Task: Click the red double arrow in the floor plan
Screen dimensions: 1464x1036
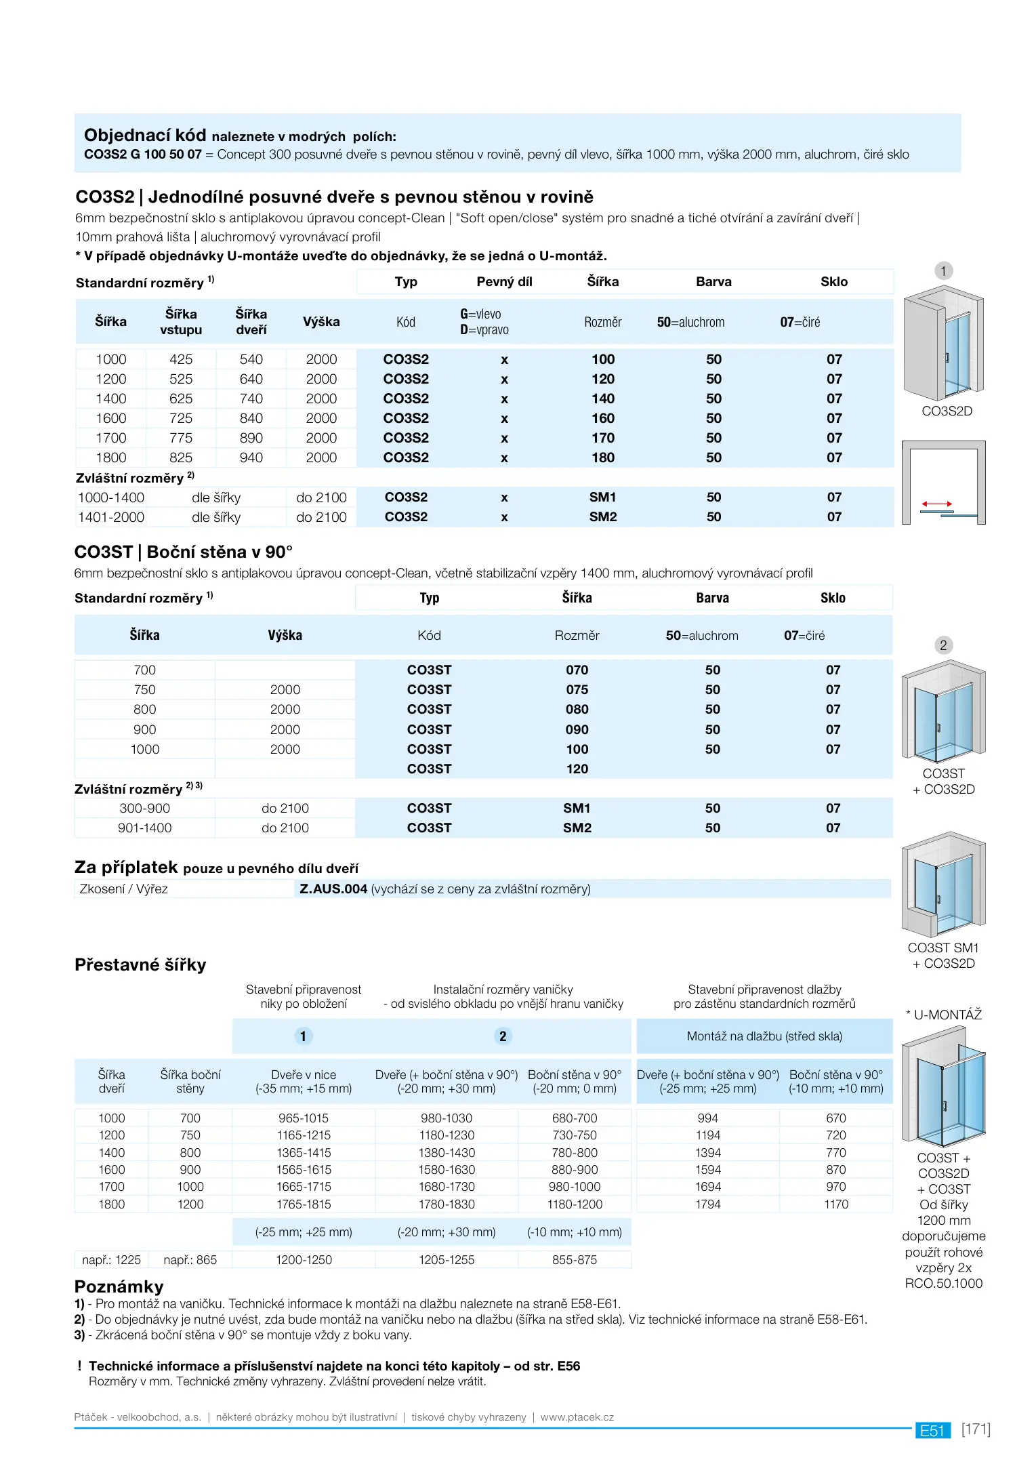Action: tap(936, 504)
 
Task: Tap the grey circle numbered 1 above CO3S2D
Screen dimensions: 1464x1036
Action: tap(943, 271)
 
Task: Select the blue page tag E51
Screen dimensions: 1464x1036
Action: tap(932, 1430)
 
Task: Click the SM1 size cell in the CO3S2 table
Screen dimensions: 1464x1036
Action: tap(602, 497)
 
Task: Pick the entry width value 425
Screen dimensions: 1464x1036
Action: tap(181, 359)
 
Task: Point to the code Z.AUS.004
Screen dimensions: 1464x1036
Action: tap(333, 889)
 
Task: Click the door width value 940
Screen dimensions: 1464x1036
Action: tap(251, 457)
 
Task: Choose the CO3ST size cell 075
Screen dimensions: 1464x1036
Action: tap(577, 689)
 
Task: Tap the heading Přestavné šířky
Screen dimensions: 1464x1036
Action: tap(140, 964)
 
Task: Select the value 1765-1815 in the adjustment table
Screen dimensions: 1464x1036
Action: tap(304, 1204)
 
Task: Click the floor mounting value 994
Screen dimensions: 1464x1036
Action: tap(707, 1118)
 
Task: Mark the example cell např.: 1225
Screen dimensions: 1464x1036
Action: tap(111, 1260)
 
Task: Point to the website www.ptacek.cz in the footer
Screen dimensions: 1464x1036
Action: tap(577, 1417)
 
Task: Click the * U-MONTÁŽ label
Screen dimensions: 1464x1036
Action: tap(944, 1015)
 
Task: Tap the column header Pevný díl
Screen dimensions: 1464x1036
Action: tap(504, 282)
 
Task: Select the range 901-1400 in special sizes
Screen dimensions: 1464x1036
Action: tap(144, 828)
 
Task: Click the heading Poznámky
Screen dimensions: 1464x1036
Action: tap(119, 1286)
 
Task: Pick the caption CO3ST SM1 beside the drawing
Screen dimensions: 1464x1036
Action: tap(943, 948)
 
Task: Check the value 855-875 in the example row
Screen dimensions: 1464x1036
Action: tap(575, 1260)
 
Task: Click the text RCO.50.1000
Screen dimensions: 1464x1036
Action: tap(943, 1283)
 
